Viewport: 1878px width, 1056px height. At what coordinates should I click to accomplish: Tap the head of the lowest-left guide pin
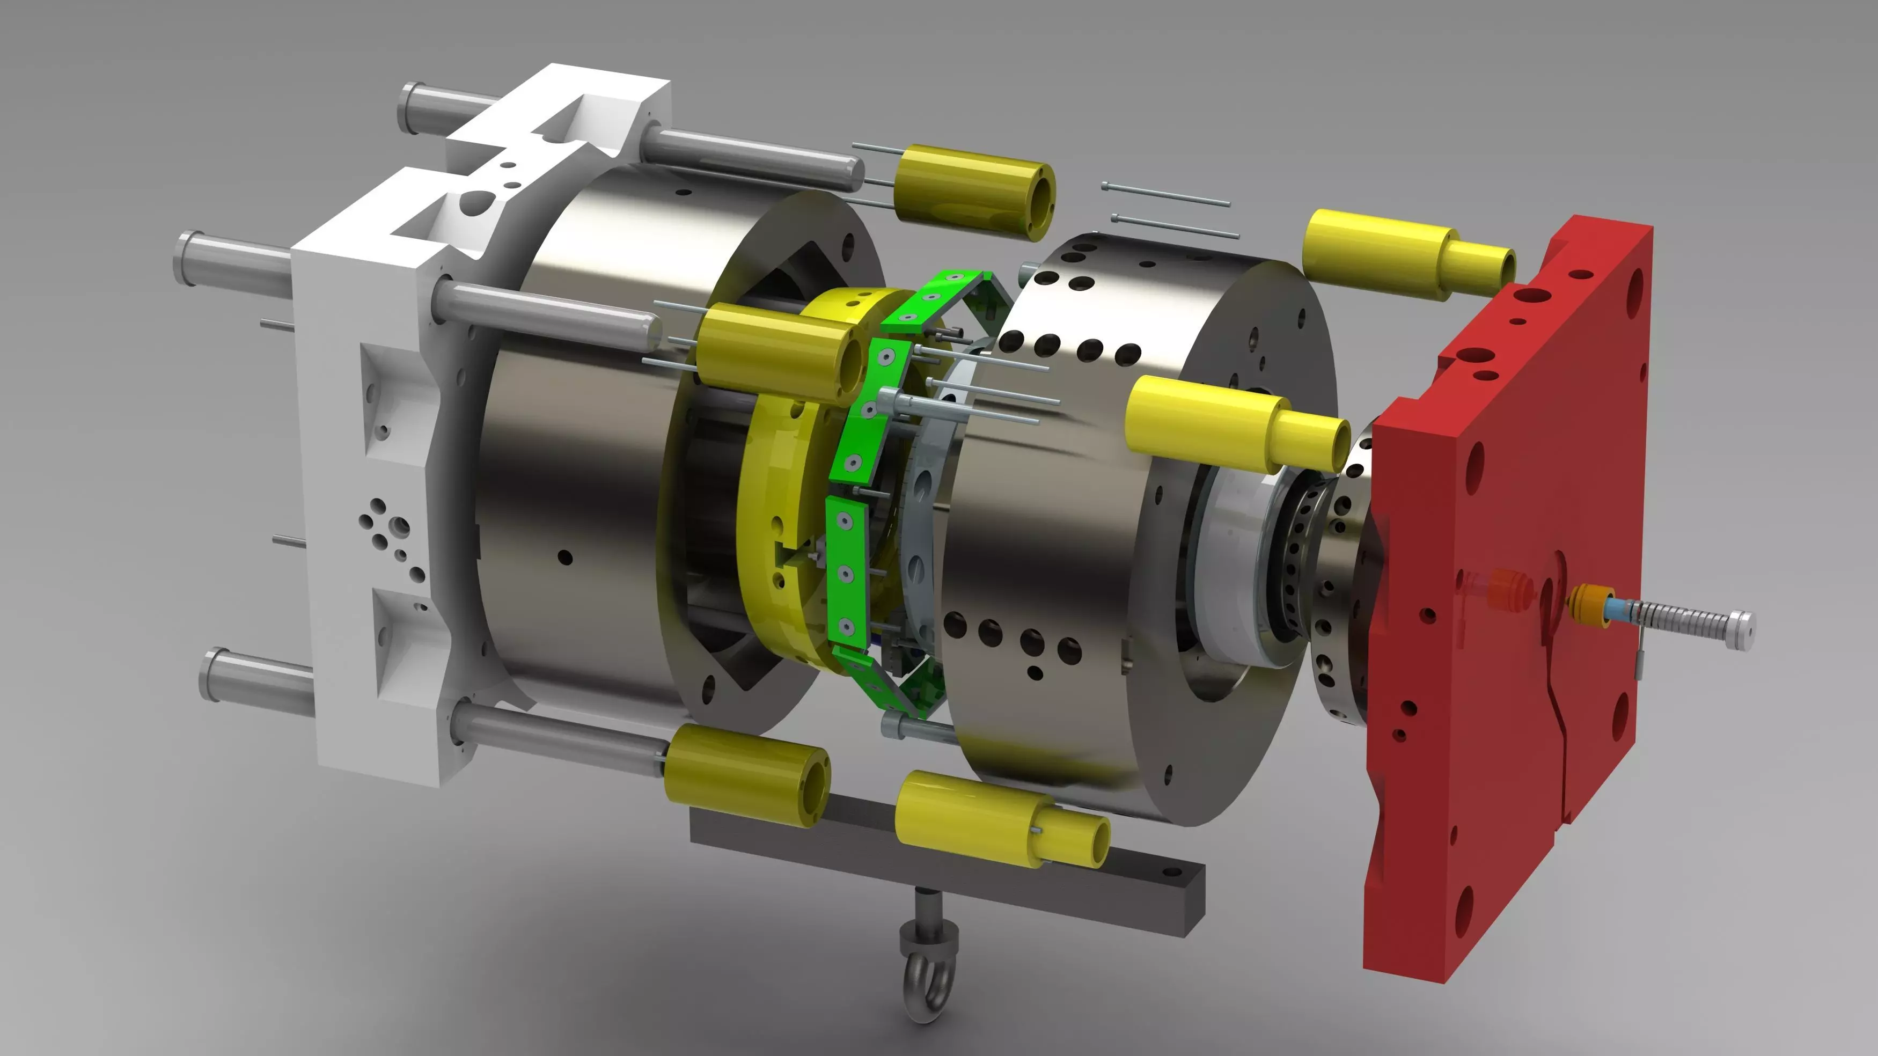coord(211,674)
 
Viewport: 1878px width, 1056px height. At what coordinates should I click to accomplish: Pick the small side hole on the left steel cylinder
coord(565,558)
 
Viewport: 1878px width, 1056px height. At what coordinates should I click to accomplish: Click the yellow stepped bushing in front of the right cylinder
coord(1232,423)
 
